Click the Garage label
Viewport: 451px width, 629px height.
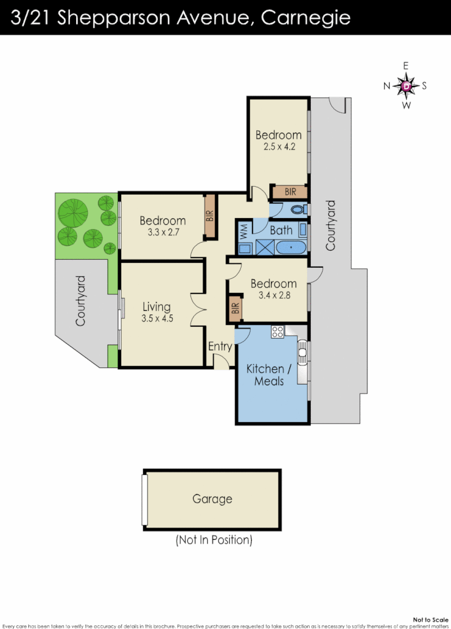click(212, 499)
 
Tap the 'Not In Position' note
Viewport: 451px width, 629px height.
click(214, 540)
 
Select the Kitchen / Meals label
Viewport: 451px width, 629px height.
click(265, 375)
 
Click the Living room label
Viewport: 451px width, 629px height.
click(156, 307)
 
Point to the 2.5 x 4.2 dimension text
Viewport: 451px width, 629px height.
click(278, 147)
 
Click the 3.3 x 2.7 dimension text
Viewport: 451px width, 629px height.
click(162, 233)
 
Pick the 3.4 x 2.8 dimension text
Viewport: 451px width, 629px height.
click(273, 295)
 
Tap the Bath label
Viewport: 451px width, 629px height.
click(281, 230)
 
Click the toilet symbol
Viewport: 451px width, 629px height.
click(297, 210)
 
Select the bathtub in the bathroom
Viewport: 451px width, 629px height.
click(291, 248)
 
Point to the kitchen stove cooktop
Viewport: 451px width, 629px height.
click(277, 332)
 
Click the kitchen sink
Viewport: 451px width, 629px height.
click(301, 353)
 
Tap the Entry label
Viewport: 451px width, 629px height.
click(220, 346)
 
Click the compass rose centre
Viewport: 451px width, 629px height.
click(406, 86)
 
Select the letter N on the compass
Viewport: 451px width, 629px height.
click(387, 86)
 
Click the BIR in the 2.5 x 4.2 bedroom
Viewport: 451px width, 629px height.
click(290, 192)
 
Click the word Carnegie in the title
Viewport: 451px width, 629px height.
click(306, 17)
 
